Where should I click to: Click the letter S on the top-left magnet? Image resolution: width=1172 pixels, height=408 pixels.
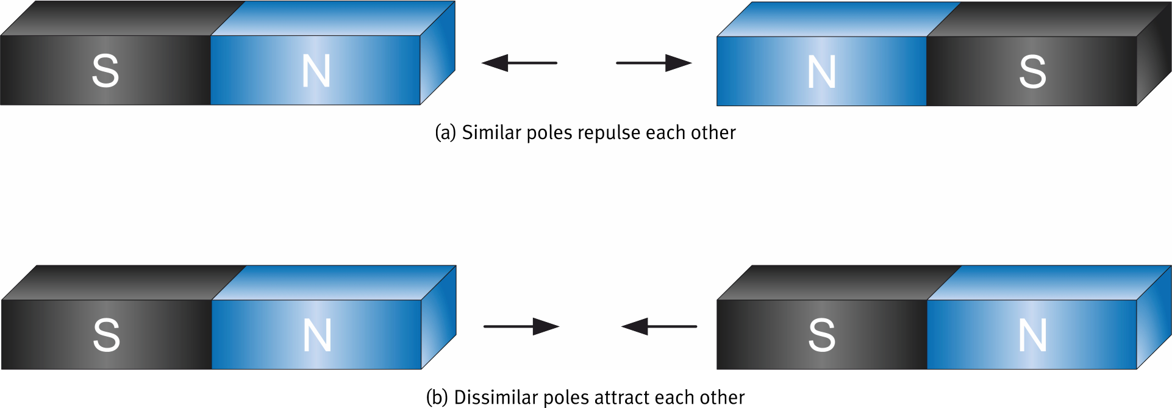(x=105, y=71)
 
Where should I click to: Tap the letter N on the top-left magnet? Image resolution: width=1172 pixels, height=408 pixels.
(x=316, y=71)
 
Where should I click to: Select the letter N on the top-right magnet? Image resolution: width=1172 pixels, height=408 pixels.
(x=821, y=71)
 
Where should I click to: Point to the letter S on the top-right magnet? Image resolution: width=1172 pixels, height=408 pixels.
(x=1032, y=71)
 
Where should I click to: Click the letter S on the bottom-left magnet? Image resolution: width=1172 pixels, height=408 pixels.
(x=106, y=335)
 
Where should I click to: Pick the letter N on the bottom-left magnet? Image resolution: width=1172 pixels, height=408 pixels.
(x=317, y=335)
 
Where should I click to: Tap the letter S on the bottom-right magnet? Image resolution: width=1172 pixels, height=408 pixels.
(x=821, y=335)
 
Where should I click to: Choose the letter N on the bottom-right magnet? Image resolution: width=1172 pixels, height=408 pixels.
(x=1032, y=335)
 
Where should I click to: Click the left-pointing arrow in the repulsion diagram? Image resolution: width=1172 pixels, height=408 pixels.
(x=519, y=63)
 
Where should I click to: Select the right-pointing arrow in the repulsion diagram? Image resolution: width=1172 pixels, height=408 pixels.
(x=654, y=63)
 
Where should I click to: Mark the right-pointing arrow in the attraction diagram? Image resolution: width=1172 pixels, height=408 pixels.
(x=521, y=326)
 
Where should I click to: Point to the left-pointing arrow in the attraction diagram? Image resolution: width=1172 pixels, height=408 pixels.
(x=659, y=326)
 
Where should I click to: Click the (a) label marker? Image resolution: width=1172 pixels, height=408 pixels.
(x=445, y=132)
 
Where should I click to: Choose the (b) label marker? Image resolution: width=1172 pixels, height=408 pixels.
(x=437, y=397)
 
